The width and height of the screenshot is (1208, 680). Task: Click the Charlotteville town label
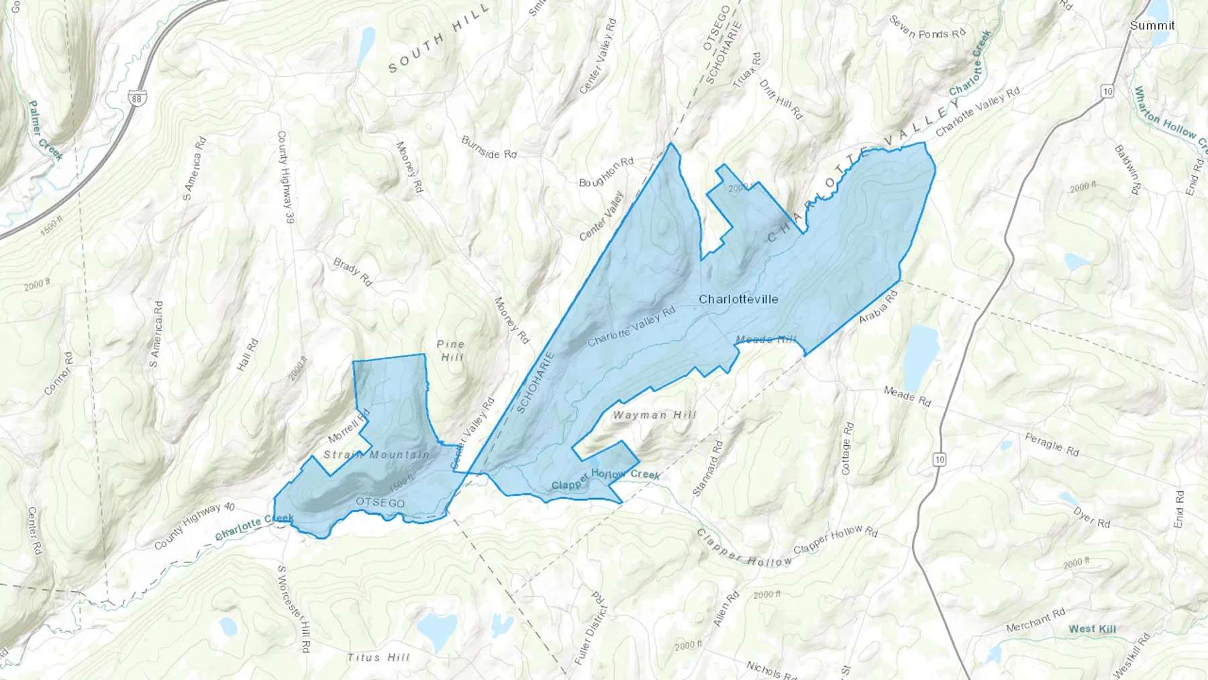coord(738,299)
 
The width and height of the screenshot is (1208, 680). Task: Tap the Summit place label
coord(1152,26)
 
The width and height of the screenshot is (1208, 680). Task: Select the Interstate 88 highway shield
coord(137,98)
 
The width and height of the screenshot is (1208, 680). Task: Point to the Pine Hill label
coord(451,350)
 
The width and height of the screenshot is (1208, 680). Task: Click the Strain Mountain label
coord(376,455)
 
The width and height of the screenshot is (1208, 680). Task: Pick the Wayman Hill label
coord(654,416)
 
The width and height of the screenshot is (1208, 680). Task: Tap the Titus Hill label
coord(378,658)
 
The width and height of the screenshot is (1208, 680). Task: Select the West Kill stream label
coord(1092,629)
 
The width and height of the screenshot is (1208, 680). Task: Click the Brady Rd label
coord(352,271)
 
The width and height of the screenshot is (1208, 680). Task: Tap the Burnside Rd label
coord(489,148)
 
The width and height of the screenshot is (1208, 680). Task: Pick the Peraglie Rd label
coord(1052,444)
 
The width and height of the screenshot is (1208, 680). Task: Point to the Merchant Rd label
coord(1036,620)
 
